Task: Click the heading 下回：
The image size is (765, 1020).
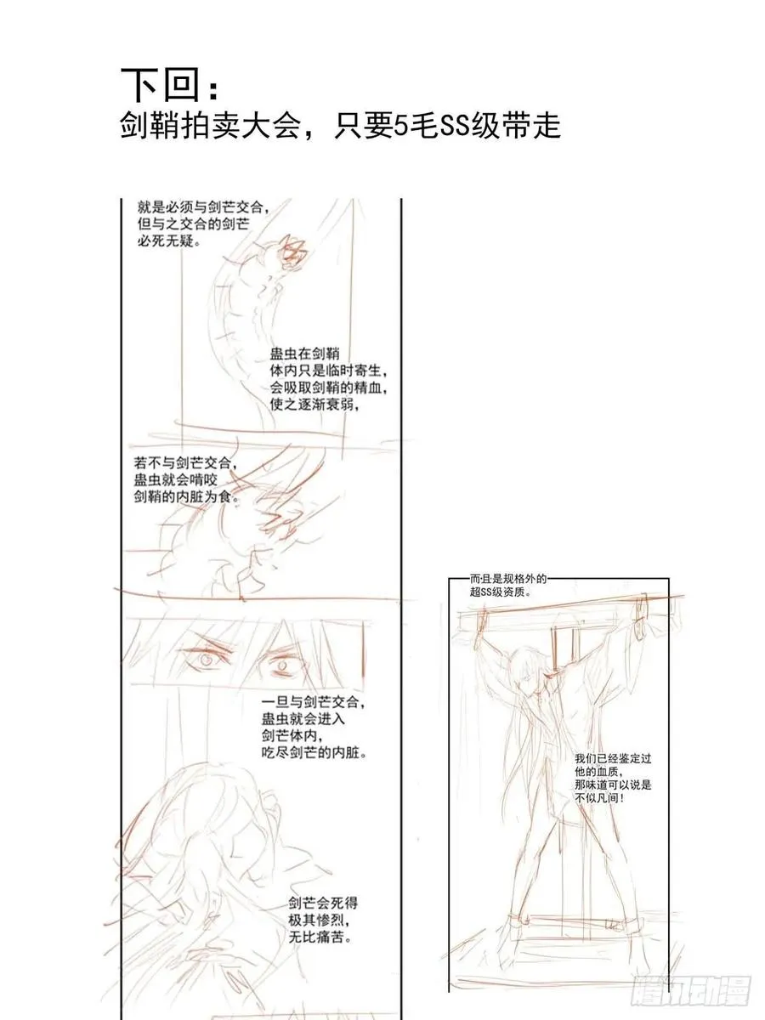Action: coord(169,85)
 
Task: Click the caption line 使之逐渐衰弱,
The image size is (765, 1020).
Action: coord(309,404)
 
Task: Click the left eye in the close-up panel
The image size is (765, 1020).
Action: coord(207,657)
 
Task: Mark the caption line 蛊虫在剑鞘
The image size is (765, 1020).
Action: coord(294,354)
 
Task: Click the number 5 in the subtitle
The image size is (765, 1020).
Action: coord(403,127)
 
